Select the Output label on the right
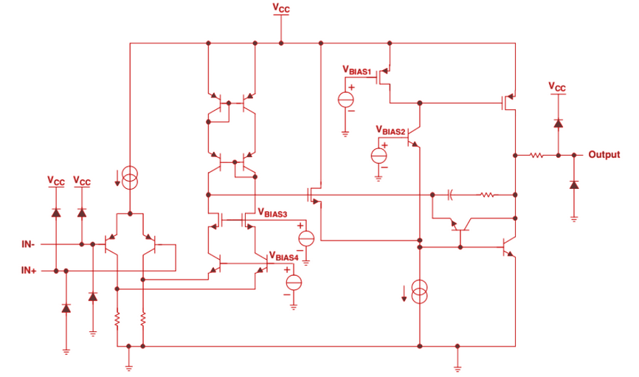tap(604, 155)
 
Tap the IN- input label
tap(30, 243)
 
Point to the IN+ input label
tap(30, 271)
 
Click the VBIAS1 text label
tap(357, 69)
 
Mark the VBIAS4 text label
tap(284, 257)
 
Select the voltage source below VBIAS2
tap(379, 156)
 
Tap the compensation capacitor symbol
tap(451, 196)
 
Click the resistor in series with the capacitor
tap(487, 196)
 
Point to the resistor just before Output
tap(536, 155)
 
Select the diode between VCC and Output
tap(558, 122)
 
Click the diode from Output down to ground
tap(574, 184)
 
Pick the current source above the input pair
tap(130, 176)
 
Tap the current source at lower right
tap(418, 291)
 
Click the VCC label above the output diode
tap(558, 87)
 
